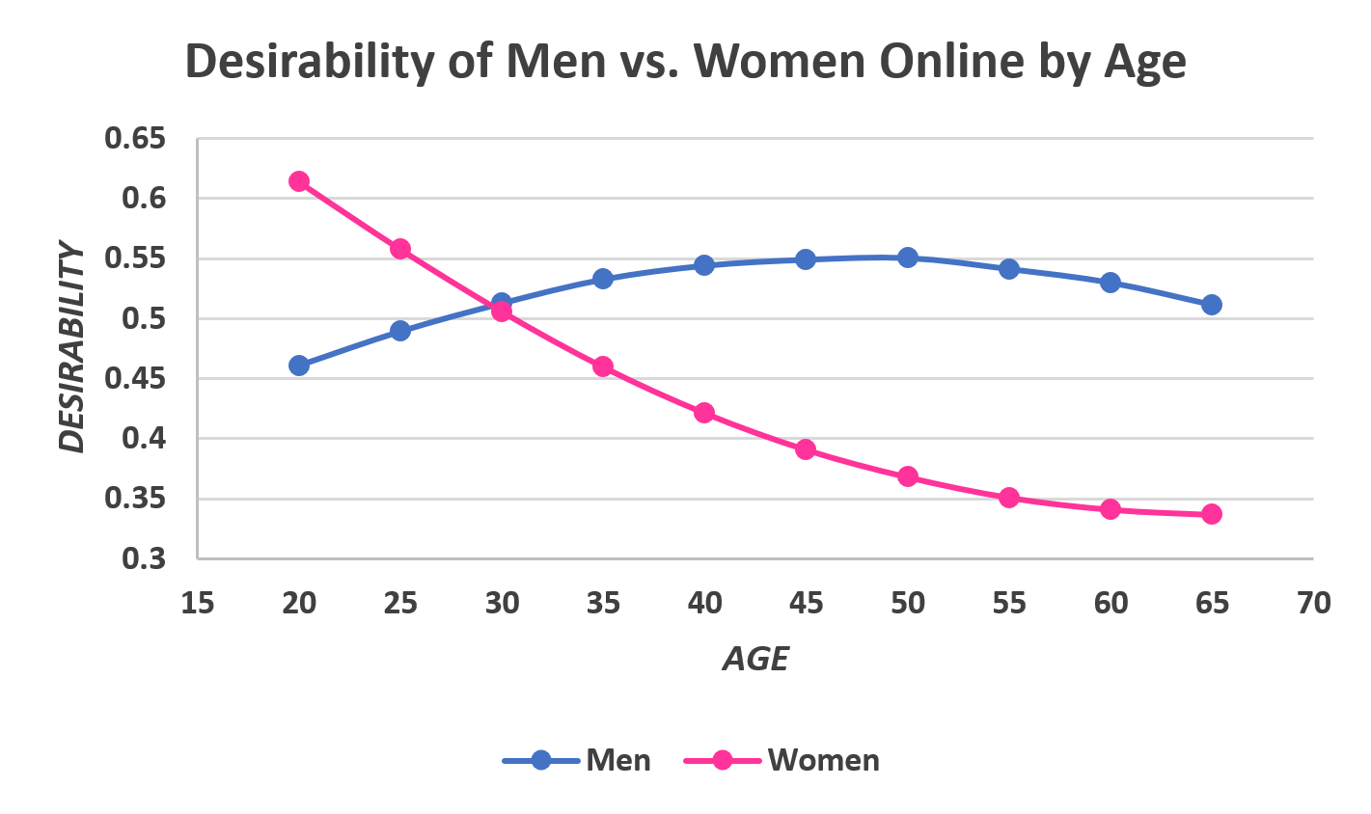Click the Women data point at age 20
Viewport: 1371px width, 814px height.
point(299,181)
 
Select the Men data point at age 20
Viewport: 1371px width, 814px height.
point(299,366)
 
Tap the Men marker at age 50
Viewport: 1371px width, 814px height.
point(908,258)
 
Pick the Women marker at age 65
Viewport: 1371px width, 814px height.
point(1212,514)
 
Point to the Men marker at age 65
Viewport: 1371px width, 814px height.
point(1212,305)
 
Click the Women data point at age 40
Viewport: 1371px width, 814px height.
point(704,413)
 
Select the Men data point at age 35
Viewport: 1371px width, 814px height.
point(603,279)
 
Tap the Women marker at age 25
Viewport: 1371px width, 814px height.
point(400,249)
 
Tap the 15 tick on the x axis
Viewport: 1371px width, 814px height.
point(198,604)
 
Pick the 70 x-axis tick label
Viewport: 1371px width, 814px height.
point(1313,604)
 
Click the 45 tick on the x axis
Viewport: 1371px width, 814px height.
point(807,604)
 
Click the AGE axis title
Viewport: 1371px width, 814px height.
point(755,659)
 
